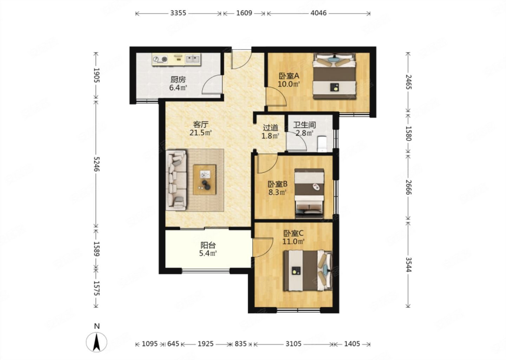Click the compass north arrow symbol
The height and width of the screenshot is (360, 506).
click(x=96, y=342)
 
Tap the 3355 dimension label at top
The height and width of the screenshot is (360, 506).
click(x=178, y=13)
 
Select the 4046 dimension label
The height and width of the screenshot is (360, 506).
click(x=318, y=13)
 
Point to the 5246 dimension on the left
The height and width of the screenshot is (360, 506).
click(x=96, y=164)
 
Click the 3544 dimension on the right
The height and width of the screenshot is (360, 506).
click(x=408, y=264)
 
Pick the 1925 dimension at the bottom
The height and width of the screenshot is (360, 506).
click(x=206, y=344)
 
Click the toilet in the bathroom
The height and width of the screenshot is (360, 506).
click(x=322, y=144)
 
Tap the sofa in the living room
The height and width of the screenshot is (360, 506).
click(x=176, y=180)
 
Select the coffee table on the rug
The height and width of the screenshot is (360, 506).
click(x=205, y=180)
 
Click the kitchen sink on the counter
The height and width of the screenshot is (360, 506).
click(x=193, y=59)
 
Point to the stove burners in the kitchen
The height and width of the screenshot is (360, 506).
click(x=160, y=59)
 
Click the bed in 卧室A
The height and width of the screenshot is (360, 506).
click(x=334, y=76)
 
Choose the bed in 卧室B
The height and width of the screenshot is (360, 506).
click(x=309, y=193)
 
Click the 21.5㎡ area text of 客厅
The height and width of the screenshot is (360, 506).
click(x=201, y=133)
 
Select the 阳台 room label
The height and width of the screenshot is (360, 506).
click(x=208, y=245)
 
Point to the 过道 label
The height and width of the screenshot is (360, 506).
click(x=271, y=128)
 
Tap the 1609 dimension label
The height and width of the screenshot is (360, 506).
click(x=244, y=13)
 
